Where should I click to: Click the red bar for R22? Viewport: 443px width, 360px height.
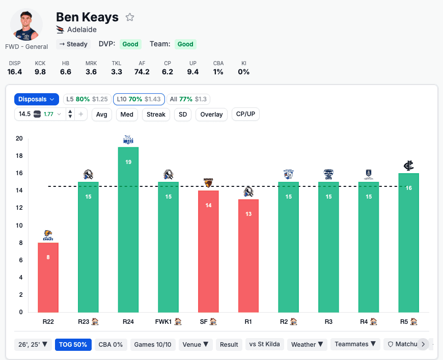point(48,278)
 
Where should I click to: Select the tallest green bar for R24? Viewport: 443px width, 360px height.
point(128,229)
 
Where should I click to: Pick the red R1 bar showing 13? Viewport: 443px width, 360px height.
point(248,255)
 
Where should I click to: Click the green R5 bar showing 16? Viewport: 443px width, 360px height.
point(408,242)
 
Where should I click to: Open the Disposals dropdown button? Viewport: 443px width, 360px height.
point(37,99)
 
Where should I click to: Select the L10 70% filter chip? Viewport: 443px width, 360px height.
point(139,99)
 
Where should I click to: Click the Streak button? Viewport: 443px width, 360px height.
point(156,115)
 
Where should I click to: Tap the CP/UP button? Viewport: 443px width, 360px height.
point(245,114)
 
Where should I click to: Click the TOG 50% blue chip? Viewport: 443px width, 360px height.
point(73,345)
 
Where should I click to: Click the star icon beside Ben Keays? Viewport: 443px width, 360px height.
point(130,17)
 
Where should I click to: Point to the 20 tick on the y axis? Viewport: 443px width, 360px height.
point(19,139)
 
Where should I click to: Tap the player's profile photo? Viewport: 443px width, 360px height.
point(26,24)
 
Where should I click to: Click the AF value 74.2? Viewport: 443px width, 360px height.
point(142,72)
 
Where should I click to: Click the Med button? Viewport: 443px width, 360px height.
point(127,115)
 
